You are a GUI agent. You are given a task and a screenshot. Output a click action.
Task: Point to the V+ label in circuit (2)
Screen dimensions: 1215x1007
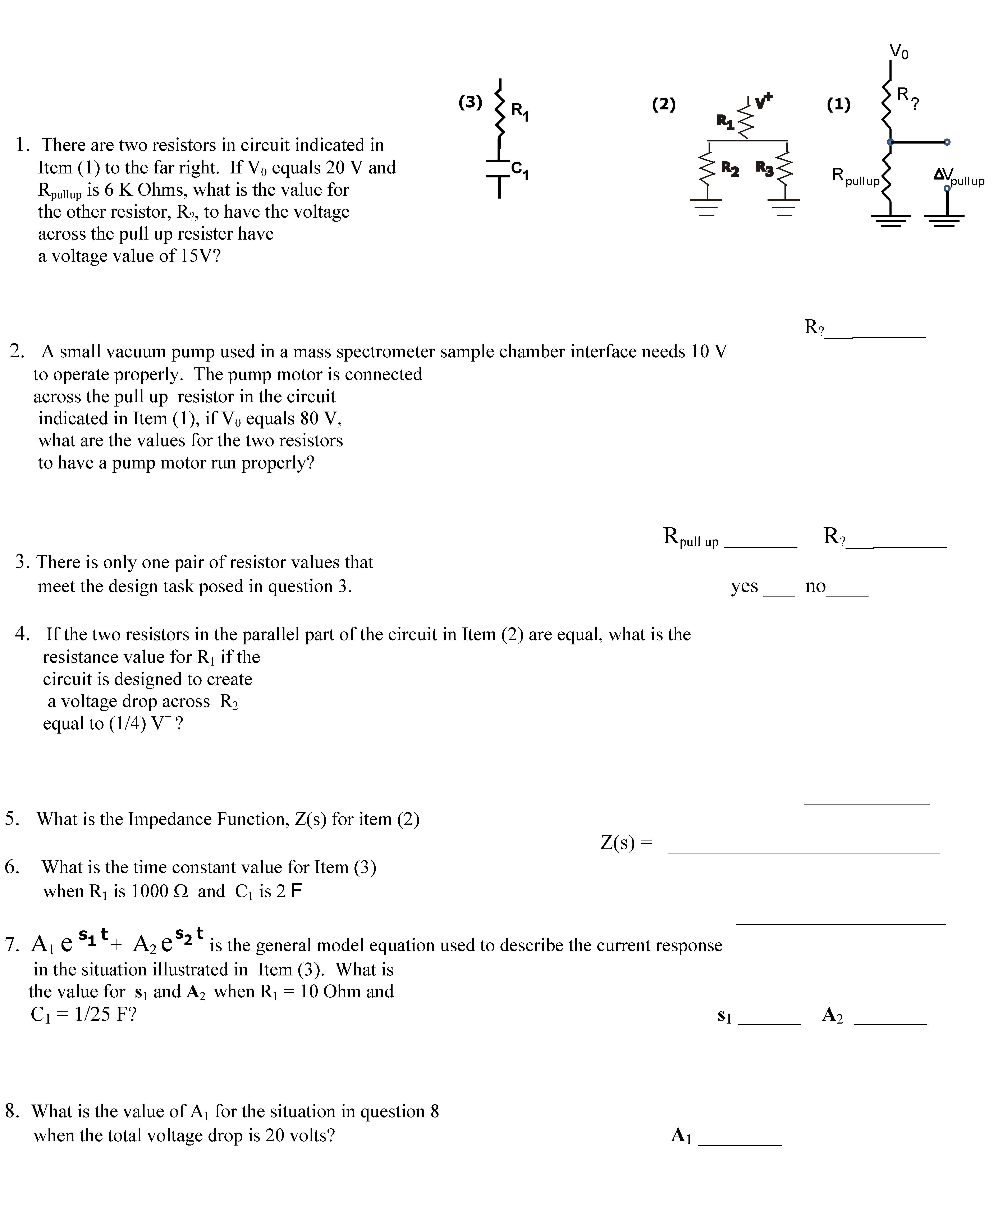pos(764,101)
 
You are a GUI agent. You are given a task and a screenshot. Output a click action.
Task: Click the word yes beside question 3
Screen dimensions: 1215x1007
pos(744,586)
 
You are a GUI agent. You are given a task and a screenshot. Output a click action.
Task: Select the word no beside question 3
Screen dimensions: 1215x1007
pos(815,586)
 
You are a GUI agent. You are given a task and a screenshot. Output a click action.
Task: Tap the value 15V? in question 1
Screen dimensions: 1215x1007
pos(200,256)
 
